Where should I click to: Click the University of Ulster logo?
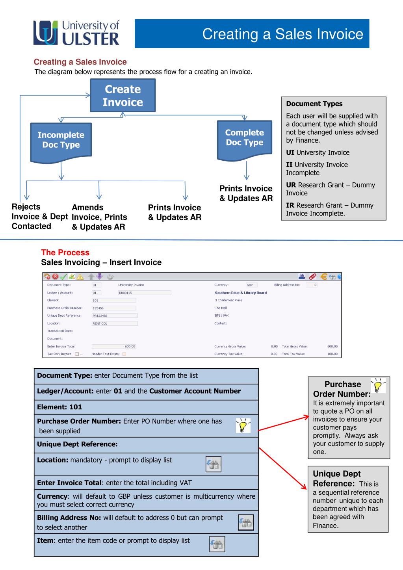[76, 33]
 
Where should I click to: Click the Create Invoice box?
[123, 95]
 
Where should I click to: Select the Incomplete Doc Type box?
[61, 143]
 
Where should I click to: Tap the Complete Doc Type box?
[245, 141]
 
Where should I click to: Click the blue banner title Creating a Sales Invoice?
[283, 34]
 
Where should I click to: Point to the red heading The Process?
[65, 253]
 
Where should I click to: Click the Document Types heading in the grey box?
[314, 104]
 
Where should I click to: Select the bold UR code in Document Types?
[291, 185]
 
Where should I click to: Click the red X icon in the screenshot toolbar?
[55, 277]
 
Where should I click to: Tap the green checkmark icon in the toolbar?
[63, 277]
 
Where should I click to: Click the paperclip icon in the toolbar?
[312, 277]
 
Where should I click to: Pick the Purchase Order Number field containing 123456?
[114, 308]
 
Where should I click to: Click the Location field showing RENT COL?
[115, 323]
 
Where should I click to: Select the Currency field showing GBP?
[251, 285]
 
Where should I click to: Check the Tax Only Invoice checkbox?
[77, 354]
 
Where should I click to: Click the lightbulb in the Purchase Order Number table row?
[243, 425]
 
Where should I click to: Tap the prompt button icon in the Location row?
[214, 464]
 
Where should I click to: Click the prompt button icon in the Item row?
[217, 544]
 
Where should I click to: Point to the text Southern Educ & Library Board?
[241, 293]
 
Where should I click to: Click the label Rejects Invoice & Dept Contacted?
[40, 216]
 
